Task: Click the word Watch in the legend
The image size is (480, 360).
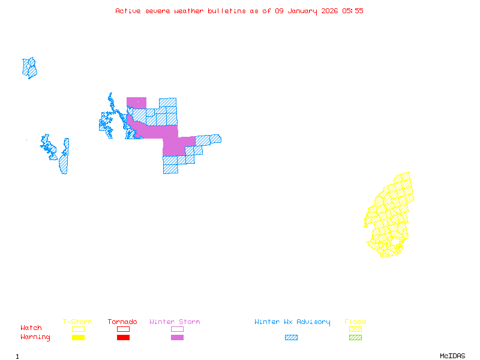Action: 31,328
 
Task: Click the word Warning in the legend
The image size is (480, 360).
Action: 35,337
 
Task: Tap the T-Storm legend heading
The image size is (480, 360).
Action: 77,322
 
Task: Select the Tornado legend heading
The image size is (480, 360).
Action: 122,322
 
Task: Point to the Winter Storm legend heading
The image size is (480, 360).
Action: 175,322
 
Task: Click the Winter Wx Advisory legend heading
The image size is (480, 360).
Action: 292,322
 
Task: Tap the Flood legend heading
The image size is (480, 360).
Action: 355,322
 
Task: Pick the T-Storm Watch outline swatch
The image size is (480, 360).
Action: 78,329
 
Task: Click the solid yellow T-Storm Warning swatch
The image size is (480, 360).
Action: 78,337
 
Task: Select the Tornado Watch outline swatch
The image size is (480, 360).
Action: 123,329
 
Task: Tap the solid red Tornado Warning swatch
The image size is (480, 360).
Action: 123,337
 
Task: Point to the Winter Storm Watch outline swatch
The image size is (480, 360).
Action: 177,329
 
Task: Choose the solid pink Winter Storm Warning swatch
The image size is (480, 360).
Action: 177,337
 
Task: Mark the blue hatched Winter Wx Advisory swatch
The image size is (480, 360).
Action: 291,337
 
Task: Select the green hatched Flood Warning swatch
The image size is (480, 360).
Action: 355,337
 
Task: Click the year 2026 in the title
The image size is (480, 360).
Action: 329,11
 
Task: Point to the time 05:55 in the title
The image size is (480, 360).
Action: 353,11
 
